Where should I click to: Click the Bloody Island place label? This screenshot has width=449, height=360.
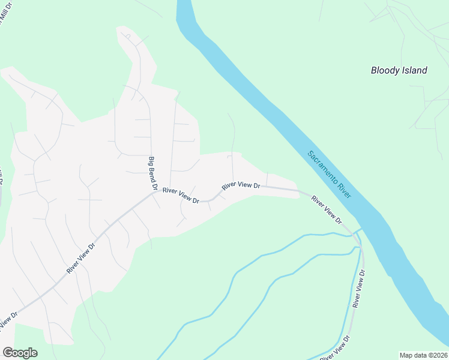coord(399,70)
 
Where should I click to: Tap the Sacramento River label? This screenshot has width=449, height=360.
coord(329,175)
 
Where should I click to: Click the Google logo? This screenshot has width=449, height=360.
coord(20,353)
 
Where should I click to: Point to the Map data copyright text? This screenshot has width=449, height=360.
coord(424,355)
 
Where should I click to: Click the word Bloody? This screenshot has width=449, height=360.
coord(385,70)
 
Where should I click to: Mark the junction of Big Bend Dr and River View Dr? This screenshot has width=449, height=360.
coord(155,193)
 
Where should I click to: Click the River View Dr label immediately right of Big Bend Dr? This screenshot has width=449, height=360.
coord(181,195)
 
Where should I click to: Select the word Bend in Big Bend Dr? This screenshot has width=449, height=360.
coord(152,173)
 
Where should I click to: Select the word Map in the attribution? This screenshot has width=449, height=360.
coord(407,355)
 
